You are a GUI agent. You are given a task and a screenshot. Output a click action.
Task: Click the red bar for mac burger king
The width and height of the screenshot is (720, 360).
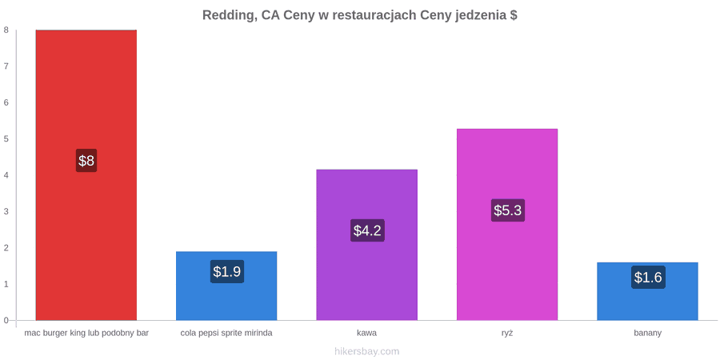86,175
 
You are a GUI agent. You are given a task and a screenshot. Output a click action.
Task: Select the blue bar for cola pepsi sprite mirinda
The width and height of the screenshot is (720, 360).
226,286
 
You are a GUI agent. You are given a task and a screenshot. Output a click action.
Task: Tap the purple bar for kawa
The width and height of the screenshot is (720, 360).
367,245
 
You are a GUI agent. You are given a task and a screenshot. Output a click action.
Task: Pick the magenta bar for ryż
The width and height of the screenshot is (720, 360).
507,225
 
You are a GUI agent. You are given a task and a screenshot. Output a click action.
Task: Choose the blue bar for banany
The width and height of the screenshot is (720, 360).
647,291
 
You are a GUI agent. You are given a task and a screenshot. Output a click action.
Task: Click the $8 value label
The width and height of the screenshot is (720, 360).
86,161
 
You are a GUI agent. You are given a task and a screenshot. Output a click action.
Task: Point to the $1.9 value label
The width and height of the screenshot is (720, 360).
227,271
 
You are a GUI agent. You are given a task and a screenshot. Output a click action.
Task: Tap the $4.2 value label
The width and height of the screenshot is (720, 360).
367,230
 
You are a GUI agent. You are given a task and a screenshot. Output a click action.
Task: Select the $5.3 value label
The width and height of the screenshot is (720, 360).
507,210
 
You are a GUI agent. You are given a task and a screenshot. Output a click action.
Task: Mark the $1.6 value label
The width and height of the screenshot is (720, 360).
648,278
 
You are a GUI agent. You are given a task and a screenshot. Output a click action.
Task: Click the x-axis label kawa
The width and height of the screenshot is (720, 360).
367,333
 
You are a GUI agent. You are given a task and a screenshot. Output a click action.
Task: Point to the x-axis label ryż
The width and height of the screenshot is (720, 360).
507,334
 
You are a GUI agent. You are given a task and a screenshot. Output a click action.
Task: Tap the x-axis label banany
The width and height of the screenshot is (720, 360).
647,334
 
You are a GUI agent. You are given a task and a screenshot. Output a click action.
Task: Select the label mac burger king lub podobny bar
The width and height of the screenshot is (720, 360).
86,334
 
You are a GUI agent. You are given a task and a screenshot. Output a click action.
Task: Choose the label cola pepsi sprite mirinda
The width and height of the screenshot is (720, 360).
226,334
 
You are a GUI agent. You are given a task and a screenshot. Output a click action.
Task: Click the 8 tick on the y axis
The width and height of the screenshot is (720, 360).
6,30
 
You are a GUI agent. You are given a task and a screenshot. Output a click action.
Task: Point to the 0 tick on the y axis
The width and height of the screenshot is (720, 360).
6,320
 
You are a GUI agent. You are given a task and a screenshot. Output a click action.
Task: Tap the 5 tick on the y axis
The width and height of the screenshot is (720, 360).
6,138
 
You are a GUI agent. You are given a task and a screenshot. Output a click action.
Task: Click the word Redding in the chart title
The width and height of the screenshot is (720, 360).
229,16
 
